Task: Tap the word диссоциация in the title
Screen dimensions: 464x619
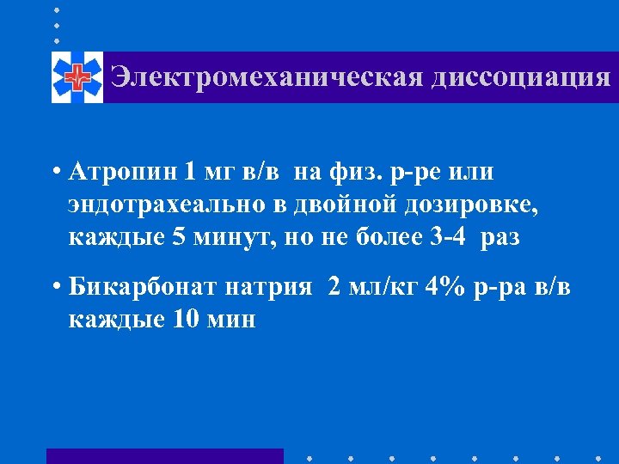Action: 521,77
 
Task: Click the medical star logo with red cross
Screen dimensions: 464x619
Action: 77,77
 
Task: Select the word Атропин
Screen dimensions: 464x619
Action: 123,172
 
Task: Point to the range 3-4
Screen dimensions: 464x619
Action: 447,236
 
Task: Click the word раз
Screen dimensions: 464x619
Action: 500,236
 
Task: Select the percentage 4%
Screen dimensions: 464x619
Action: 444,288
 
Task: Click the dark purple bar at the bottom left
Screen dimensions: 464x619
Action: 164,455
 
